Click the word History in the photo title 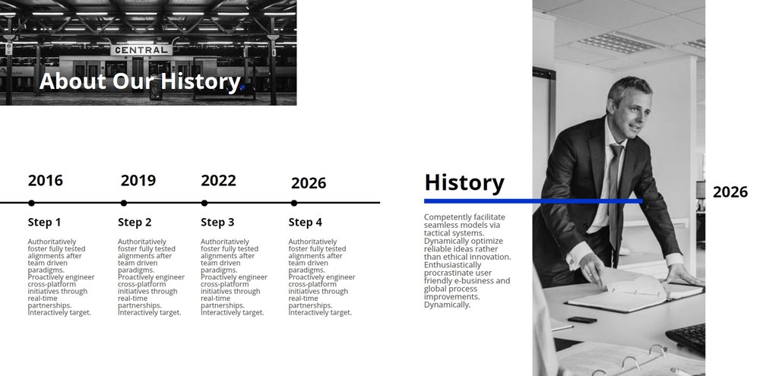coord(200,81)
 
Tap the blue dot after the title coord(243,87)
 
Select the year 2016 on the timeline coord(45,180)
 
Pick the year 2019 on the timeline coord(138,180)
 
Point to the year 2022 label coord(218,180)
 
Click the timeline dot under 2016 coord(31,203)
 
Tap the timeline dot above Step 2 coord(124,203)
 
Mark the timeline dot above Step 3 coord(204,203)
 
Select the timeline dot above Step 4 coord(294,203)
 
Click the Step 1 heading coord(44,223)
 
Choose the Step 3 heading coord(217,223)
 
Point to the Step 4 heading coord(305,223)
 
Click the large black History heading coord(464,182)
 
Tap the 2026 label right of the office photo coord(730,192)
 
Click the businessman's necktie coord(615,194)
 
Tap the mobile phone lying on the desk coord(582,320)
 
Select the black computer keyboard coord(686,338)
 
